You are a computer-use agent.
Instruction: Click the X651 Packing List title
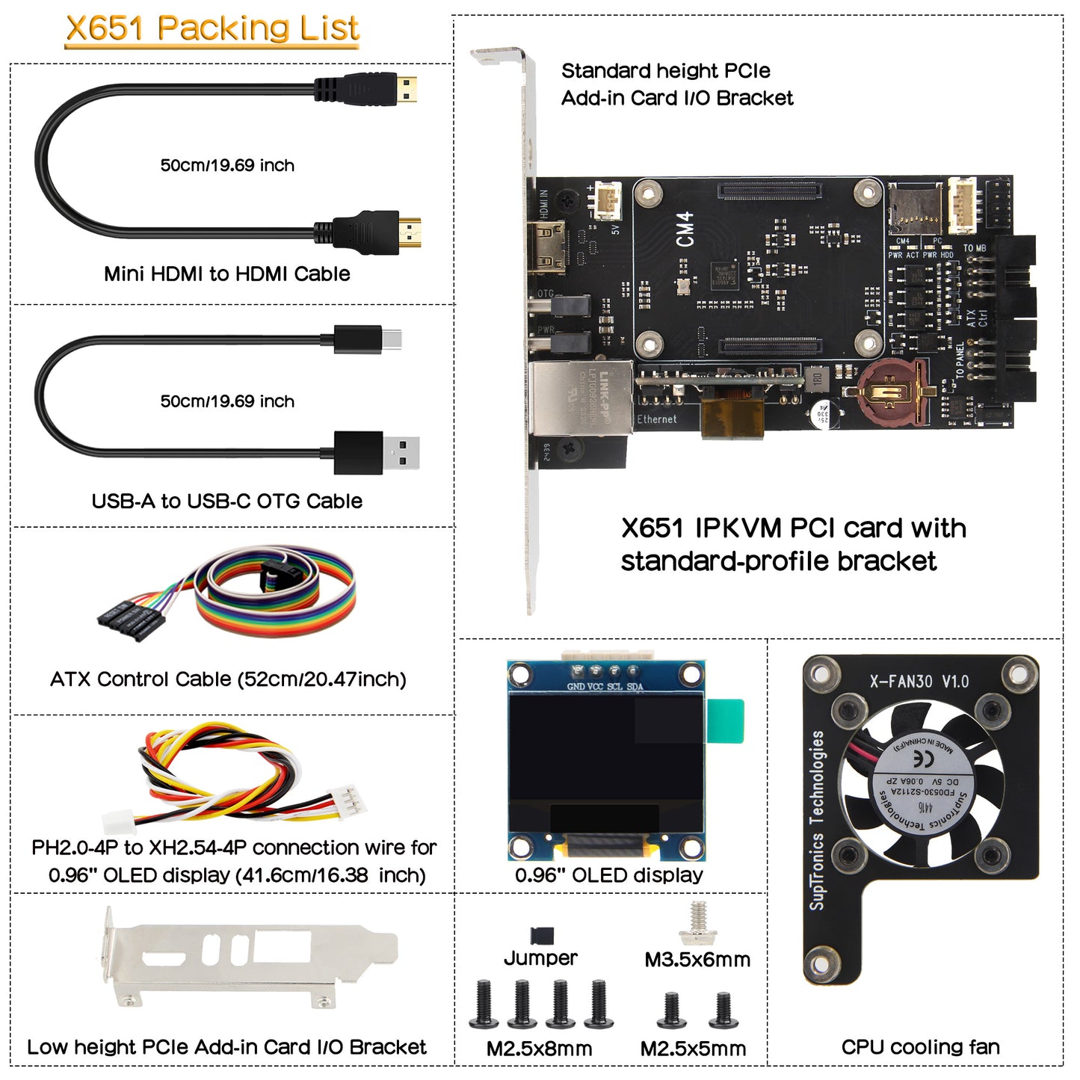(x=212, y=28)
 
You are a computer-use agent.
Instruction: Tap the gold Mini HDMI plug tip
(x=407, y=90)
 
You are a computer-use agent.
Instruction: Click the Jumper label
(x=540, y=958)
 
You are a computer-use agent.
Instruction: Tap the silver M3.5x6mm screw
(x=698, y=925)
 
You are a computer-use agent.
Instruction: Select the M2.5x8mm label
(x=539, y=1049)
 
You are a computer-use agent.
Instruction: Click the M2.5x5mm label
(x=693, y=1049)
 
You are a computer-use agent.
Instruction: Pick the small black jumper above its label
(x=542, y=935)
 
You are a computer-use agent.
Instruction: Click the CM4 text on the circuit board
(x=685, y=229)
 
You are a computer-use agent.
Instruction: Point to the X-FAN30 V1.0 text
(x=919, y=682)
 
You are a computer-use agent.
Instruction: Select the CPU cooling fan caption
(x=920, y=1047)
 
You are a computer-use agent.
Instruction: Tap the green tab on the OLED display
(x=726, y=720)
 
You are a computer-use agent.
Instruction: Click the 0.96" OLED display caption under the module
(x=608, y=875)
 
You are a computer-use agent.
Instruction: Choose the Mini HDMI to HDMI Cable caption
(x=226, y=274)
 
